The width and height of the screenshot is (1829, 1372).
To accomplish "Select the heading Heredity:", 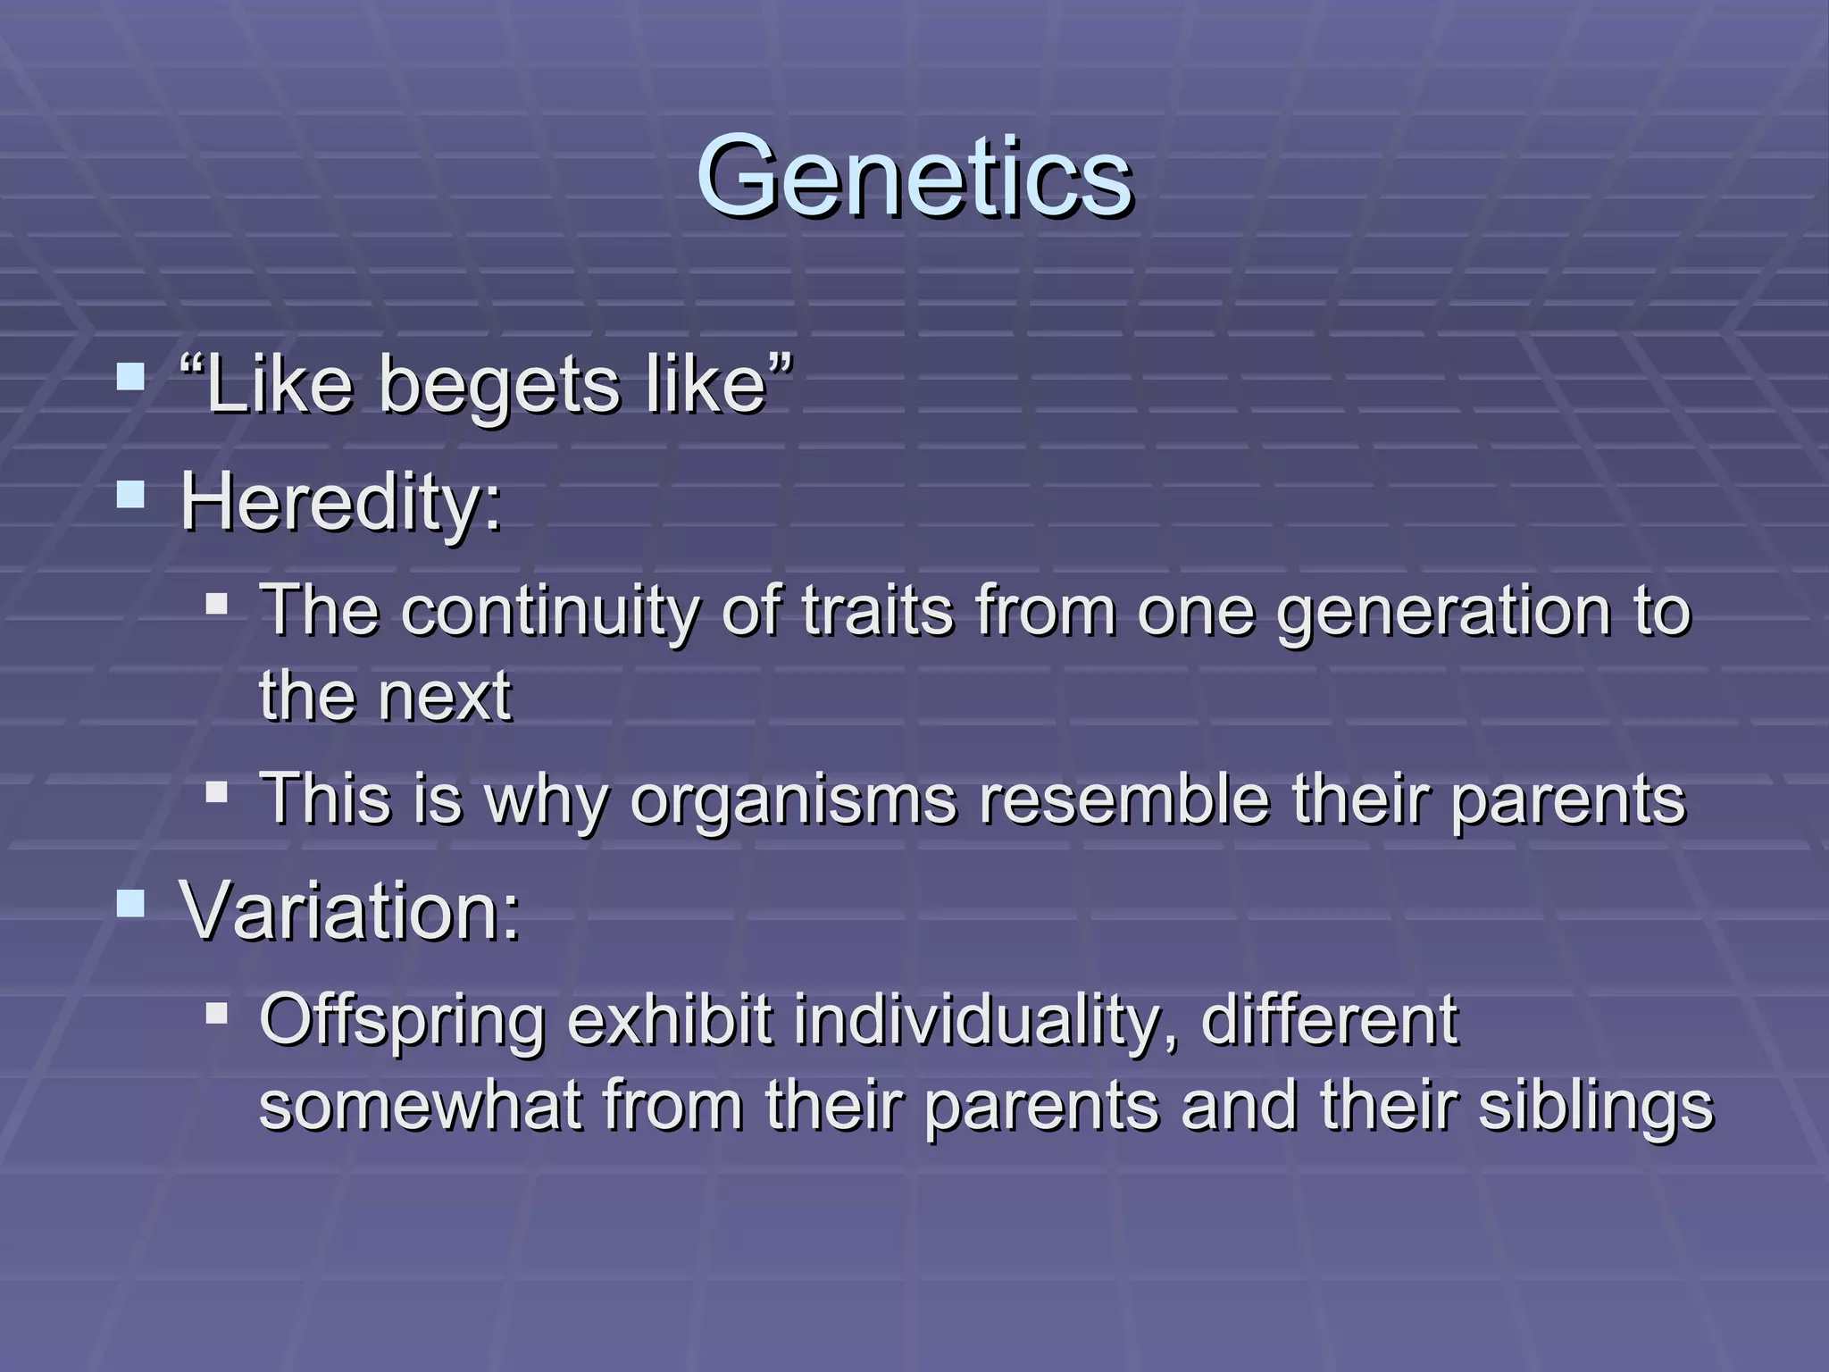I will (x=341, y=501).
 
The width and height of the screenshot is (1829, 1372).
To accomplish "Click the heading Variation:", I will (x=349, y=911).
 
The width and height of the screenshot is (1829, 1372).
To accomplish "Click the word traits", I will (x=878, y=611).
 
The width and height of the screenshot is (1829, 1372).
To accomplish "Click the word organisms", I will (x=793, y=799).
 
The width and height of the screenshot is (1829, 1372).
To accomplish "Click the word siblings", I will (x=1596, y=1106).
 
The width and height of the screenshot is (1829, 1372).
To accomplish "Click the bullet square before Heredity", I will (x=130, y=494).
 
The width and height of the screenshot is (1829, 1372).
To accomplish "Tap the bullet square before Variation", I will (x=130, y=903).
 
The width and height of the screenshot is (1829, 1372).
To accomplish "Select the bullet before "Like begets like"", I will (x=130, y=377).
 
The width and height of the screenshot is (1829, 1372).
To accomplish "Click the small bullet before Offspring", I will (x=216, y=1013).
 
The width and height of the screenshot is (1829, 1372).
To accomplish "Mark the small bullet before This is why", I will (x=216, y=791).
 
